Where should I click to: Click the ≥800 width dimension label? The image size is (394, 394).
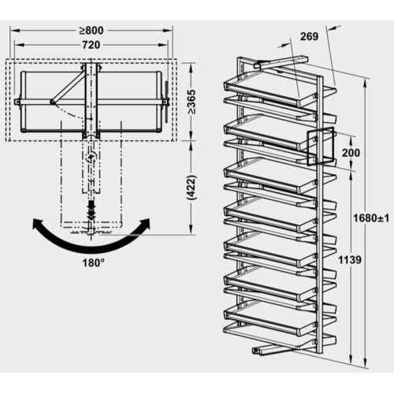coord(93,31)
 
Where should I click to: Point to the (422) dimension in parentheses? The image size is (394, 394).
coord(191,200)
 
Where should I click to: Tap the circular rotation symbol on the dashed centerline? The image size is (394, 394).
coord(92,158)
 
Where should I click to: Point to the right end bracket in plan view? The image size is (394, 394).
coord(165,101)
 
